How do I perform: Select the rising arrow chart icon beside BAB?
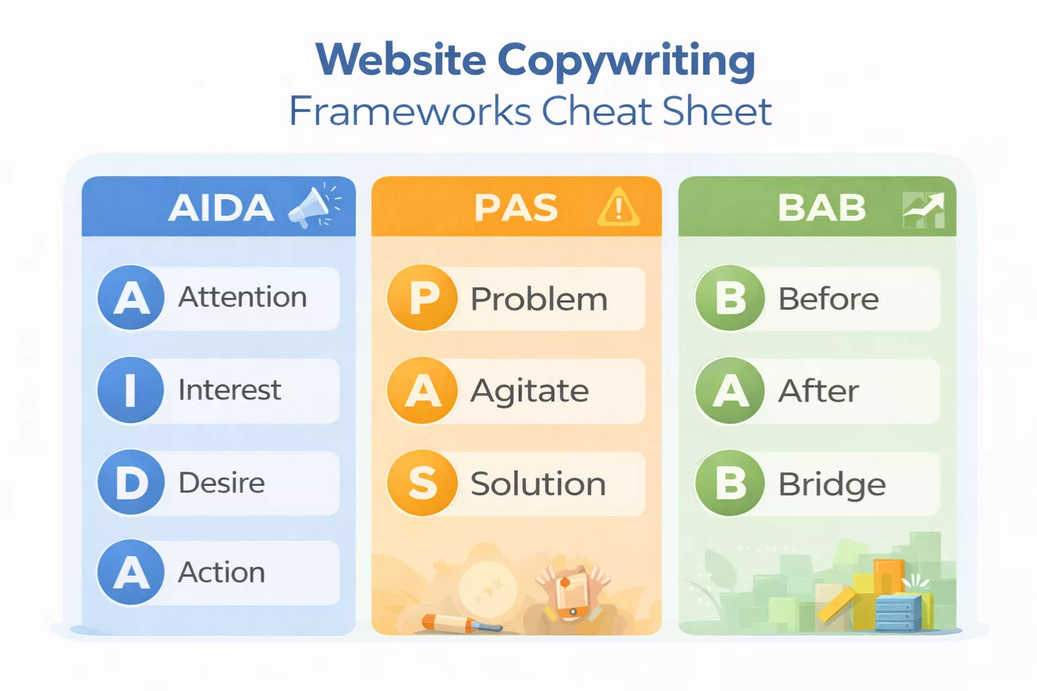(924, 210)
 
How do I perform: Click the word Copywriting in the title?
(626, 61)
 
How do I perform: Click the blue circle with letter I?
(131, 390)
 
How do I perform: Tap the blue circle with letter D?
(131, 482)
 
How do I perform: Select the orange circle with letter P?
(423, 298)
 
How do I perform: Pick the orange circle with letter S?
(423, 483)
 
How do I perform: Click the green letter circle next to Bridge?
(730, 483)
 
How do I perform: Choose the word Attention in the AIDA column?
(242, 298)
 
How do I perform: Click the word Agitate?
(529, 391)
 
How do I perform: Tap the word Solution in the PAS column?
(538, 484)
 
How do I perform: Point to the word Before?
(828, 299)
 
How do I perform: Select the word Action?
(221, 572)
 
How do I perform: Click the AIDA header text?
(221, 207)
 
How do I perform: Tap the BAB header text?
(822, 207)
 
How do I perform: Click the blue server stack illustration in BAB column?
(898, 612)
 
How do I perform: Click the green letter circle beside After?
(730, 391)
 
